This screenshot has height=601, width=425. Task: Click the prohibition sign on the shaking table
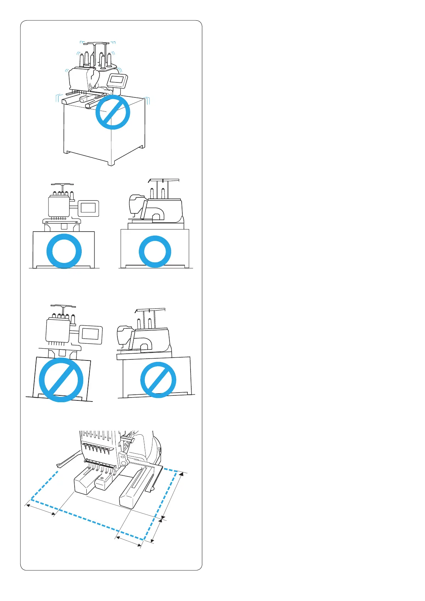click(x=112, y=112)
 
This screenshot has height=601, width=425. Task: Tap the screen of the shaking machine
click(x=118, y=80)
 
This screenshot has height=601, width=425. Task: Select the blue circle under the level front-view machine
click(x=64, y=251)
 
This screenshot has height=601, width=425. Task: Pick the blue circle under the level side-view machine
click(x=155, y=251)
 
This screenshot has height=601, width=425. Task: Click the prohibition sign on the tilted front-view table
click(x=61, y=380)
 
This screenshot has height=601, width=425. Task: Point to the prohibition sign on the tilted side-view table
click(x=158, y=380)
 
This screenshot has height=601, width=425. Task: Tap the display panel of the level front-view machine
click(x=88, y=208)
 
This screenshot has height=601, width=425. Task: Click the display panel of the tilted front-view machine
click(x=90, y=334)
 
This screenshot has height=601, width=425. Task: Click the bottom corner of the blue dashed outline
click(x=143, y=539)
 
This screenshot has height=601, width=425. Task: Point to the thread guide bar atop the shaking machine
click(x=95, y=44)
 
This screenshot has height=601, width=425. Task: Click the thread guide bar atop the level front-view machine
click(x=62, y=185)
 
